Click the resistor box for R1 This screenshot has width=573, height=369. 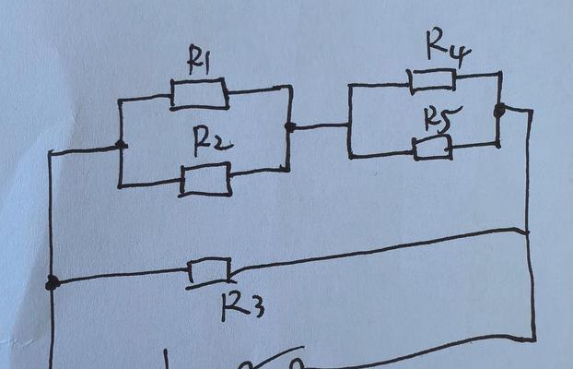200,94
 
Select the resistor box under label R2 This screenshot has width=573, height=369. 205,179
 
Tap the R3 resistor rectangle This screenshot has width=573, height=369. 209,271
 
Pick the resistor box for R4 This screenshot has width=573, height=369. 433,80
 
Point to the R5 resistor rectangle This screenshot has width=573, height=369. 432,148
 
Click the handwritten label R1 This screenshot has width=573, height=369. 198,60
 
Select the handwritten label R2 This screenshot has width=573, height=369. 213,140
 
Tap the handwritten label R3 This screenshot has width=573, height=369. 242,307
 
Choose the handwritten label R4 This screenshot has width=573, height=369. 449,48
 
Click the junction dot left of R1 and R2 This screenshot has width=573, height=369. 121,146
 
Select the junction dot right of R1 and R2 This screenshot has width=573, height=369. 290,127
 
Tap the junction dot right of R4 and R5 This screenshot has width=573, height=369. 499,110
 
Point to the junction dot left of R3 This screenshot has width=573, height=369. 53,283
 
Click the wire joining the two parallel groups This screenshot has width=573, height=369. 321,126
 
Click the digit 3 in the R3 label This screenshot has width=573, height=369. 257,309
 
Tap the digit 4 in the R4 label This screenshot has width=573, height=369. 462,56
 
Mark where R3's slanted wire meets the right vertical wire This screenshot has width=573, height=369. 527,232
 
